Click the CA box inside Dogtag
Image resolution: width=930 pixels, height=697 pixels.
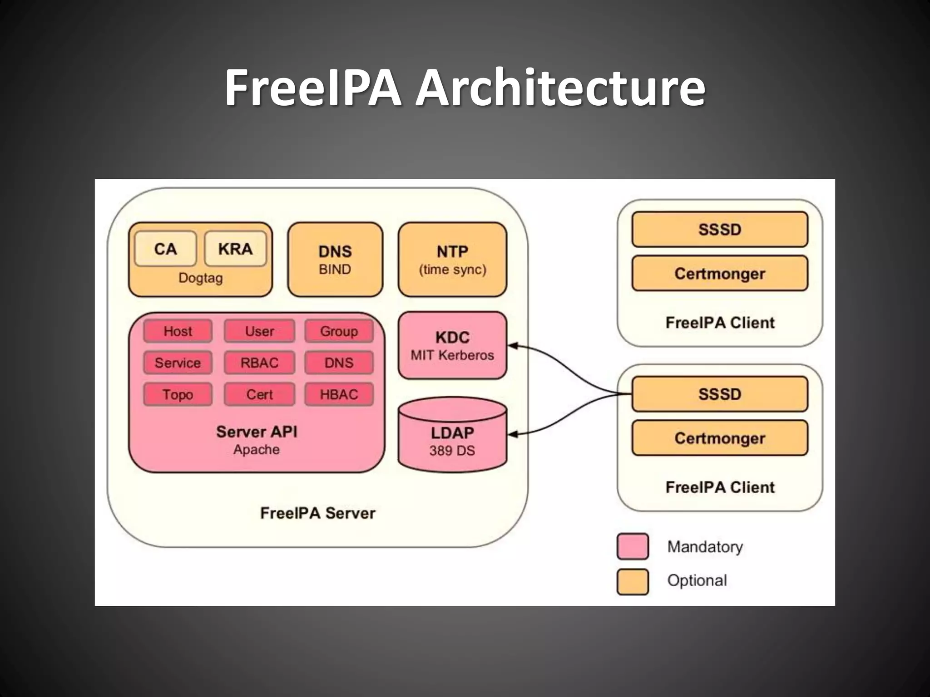(x=165, y=249)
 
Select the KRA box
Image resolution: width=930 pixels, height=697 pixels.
(x=235, y=249)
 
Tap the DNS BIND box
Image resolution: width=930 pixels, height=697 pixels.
(x=335, y=260)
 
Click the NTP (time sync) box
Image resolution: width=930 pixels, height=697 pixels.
(x=452, y=260)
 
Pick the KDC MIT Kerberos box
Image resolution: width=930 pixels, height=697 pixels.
(x=452, y=345)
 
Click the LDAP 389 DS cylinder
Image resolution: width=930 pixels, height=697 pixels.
(x=452, y=438)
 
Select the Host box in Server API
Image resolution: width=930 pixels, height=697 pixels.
(x=178, y=331)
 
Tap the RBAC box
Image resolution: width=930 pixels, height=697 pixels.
(x=259, y=363)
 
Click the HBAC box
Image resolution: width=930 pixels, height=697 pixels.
(x=339, y=394)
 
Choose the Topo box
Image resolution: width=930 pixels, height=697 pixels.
(x=178, y=394)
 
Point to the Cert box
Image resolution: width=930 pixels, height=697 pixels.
(x=259, y=394)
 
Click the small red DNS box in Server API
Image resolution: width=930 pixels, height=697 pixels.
(x=339, y=363)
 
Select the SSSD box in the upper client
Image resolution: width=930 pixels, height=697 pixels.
(x=720, y=230)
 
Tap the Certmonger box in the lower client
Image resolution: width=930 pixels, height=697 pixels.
(x=720, y=438)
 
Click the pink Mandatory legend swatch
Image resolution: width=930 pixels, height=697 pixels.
(x=633, y=546)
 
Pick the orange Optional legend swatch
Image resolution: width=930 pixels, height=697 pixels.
(x=633, y=581)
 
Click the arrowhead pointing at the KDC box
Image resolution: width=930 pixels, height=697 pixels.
(x=512, y=346)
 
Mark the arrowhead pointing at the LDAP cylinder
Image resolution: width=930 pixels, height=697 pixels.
(x=512, y=434)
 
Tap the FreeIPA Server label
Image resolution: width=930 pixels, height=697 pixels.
(x=317, y=513)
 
